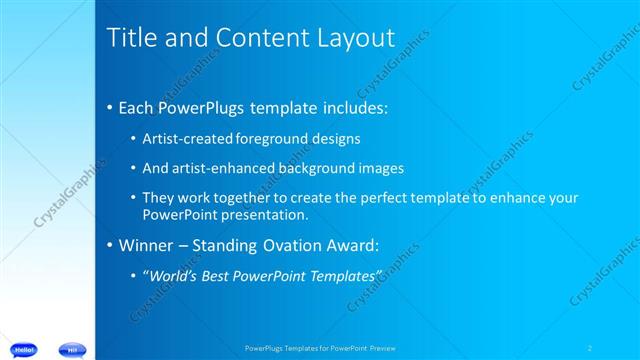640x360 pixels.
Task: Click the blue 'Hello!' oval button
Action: click(x=24, y=349)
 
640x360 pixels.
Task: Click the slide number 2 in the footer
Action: click(x=591, y=348)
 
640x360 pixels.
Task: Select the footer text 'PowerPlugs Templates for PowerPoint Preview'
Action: click(x=319, y=348)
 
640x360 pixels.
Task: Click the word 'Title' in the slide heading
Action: click(x=129, y=39)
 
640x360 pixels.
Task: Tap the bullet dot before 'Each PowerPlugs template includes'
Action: click(x=109, y=107)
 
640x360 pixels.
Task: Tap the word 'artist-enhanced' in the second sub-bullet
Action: click(x=225, y=167)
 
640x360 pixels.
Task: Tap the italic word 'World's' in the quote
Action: click(x=174, y=275)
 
